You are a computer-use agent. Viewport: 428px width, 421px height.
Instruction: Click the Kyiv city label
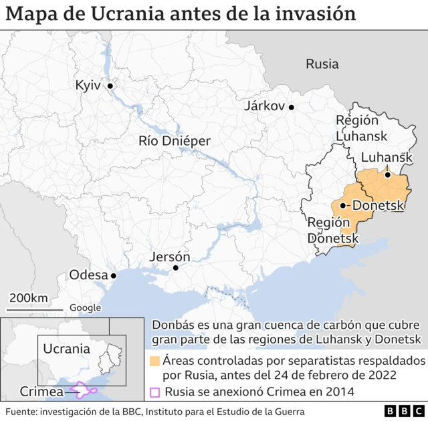tap(87, 86)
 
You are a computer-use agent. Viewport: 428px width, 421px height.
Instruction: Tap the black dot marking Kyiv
tap(110, 86)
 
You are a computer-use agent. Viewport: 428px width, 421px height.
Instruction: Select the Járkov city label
tap(265, 106)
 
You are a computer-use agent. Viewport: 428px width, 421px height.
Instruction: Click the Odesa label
tap(88, 275)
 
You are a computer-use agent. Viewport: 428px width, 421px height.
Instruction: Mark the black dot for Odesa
tap(114, 275)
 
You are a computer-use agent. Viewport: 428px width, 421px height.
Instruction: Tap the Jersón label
tap(169, 257)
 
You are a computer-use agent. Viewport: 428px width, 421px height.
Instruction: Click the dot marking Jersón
tap(175, 268)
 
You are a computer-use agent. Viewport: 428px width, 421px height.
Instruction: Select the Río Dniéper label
tap(174, 141)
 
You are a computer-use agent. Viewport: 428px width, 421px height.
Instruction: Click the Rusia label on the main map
tap(322, 64)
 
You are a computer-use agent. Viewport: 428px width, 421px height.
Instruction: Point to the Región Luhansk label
tap(356, 128)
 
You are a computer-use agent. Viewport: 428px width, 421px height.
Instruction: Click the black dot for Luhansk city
tap(387, 175)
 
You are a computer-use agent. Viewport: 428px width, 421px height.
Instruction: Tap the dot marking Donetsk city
tap(342, 206)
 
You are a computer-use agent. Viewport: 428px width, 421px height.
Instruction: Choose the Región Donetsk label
tap(329, 230)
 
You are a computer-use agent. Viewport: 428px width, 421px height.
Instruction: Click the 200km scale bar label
tap(29, 298)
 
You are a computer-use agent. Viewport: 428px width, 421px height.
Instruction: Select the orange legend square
tap(154, 361)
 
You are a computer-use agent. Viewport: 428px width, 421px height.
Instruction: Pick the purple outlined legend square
tap(154, 392)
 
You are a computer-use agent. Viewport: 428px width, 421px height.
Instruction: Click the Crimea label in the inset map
tap(38, 392)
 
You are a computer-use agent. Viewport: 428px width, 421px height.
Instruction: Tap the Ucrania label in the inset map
tap(66, 349)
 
